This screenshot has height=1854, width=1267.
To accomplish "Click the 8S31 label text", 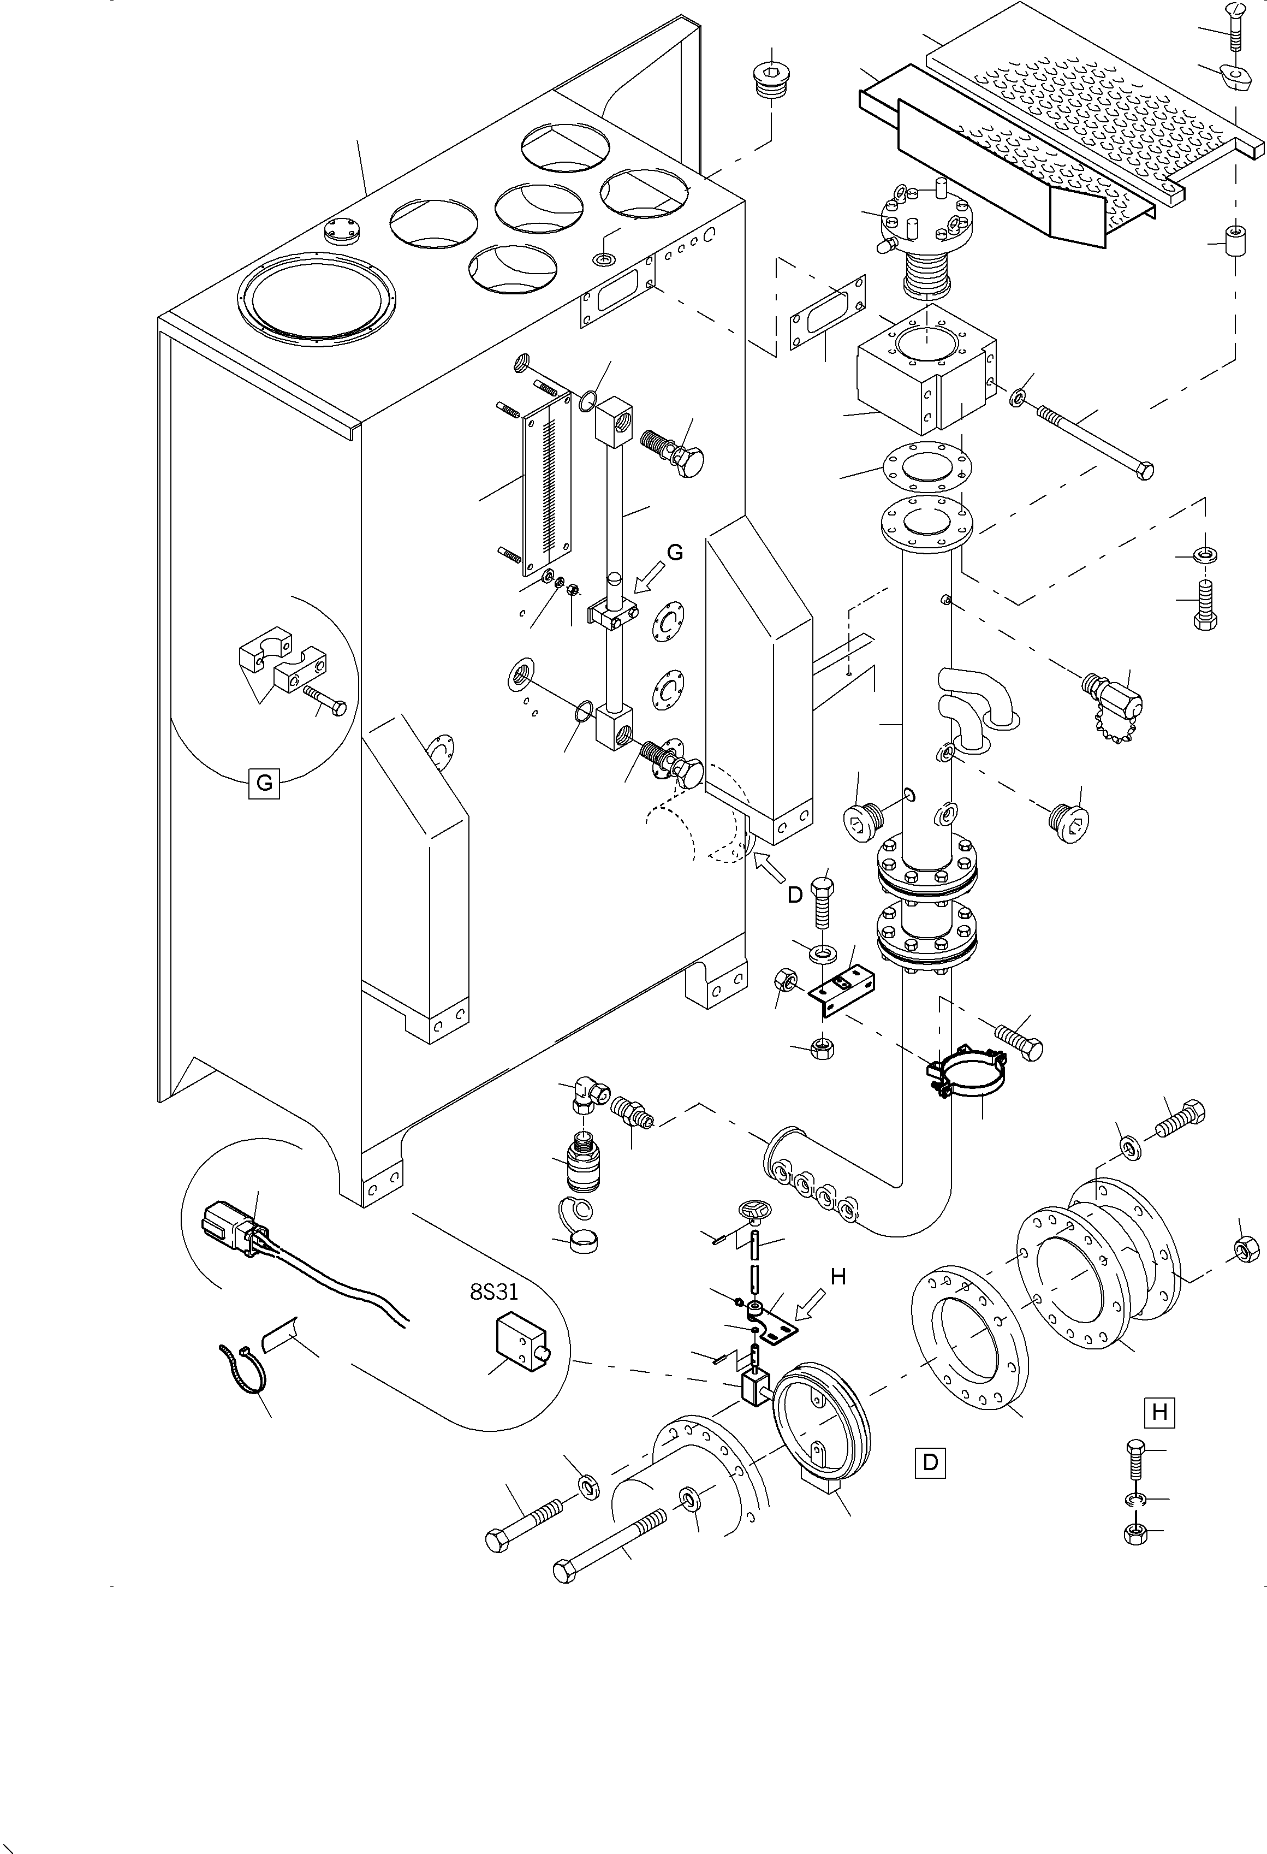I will (x=493, y=1291).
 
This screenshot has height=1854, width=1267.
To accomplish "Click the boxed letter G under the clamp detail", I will (x=264, y=783).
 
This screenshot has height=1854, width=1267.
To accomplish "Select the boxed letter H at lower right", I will (x=1159, y=1412).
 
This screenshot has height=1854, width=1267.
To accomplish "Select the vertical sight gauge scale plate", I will (x=547, y=483).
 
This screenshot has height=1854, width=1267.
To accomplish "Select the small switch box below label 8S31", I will (x=520, y=1343).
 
